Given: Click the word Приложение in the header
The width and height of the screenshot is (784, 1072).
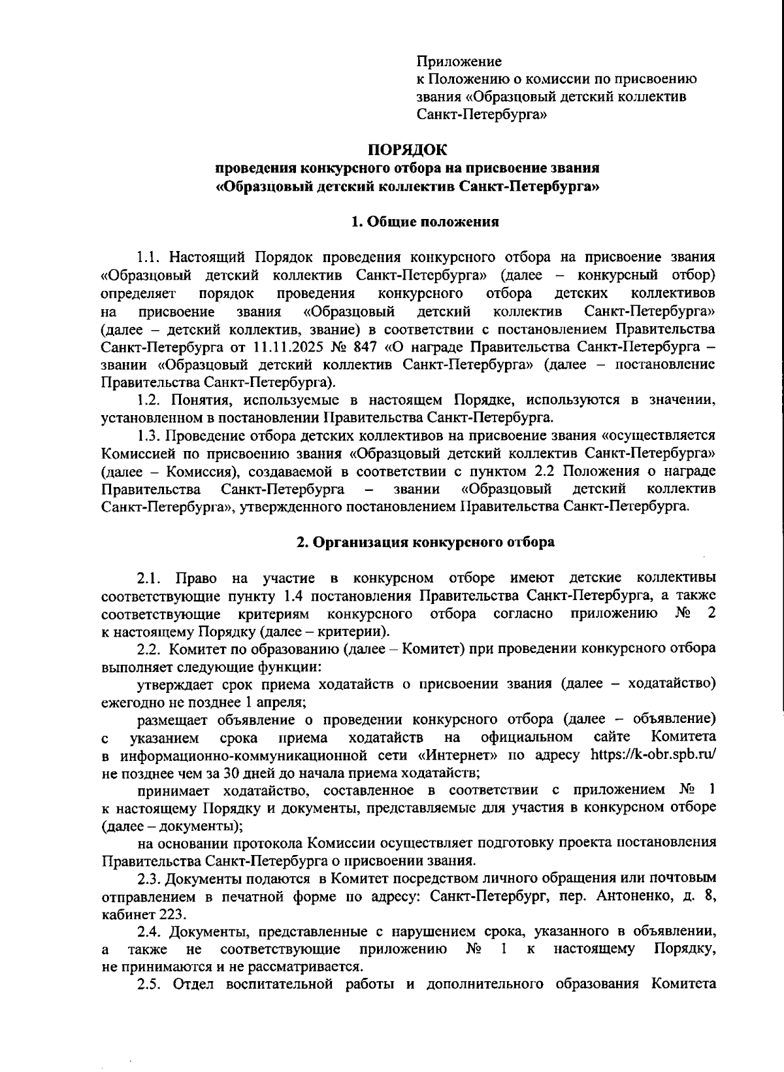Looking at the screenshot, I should [x=459, y=62].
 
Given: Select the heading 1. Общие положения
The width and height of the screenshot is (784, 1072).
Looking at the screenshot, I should [x=425, y=222].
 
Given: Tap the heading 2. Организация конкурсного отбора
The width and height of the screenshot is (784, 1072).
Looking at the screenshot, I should [x=425, y=542].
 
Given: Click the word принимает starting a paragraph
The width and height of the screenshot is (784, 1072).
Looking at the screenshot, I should [x=171, y=790].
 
